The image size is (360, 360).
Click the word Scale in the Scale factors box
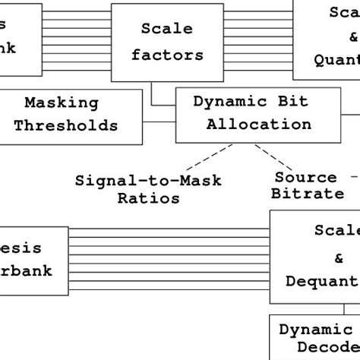166,29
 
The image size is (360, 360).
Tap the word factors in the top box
166,55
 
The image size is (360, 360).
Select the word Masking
62,103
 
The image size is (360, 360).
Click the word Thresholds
66,125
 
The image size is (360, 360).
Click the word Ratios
148,198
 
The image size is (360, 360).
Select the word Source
305,177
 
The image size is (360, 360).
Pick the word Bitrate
308,194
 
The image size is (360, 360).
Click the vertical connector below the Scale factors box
152,92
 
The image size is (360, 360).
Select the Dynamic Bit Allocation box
258,114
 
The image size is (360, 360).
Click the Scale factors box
167,43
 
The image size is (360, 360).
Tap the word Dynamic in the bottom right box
315,330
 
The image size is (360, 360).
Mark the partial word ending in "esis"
21,248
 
